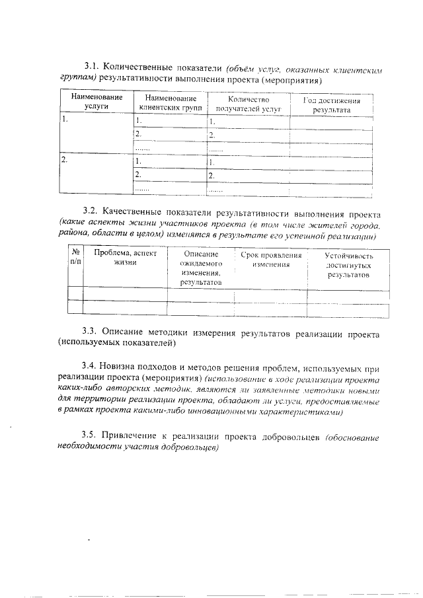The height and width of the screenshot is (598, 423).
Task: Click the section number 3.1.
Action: [x=92, y=67]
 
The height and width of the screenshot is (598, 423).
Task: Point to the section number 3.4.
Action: [x=91, y=367]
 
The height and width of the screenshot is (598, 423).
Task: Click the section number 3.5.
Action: [x=91, y=436]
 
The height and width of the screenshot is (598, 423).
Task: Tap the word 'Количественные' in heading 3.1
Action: [x=140, y=67]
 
